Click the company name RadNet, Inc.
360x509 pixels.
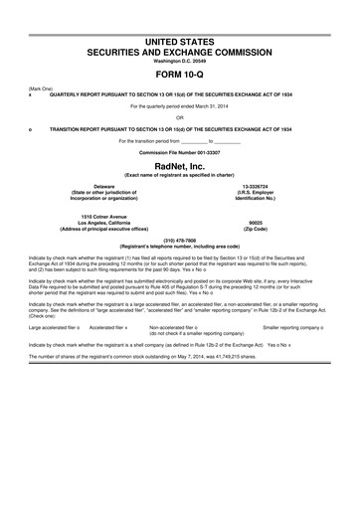(180, 166)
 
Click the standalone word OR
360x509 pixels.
(180, 111)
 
